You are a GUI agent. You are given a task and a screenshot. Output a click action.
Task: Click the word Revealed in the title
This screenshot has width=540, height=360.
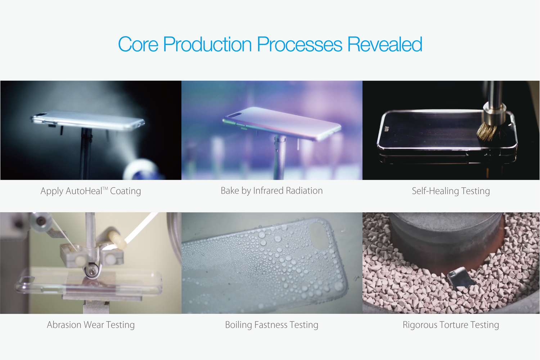coord(385,44)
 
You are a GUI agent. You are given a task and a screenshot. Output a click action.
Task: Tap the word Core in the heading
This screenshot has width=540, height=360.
coord(138,44)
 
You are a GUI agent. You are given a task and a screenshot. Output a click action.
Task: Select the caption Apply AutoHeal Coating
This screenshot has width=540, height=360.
coord(91,191)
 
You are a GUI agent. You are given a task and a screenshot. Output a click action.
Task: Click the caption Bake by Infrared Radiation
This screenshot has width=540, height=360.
coord(272,191)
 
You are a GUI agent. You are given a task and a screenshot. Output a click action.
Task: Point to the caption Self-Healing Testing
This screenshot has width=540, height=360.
coord(451,191)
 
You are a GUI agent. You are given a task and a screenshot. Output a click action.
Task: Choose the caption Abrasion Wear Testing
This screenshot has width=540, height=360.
coord(91,325)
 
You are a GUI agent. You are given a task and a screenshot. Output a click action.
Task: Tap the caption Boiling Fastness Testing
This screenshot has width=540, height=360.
coord(272,325)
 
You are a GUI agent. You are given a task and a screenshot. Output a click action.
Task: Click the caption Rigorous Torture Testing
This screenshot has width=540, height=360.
coord(451,325)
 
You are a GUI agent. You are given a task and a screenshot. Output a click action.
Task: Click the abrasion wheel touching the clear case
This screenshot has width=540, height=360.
coord(92,271)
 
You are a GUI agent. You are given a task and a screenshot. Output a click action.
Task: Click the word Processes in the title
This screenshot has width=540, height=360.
coord(300,44)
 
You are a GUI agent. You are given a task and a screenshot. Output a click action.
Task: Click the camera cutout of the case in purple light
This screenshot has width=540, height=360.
coord(235,115)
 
